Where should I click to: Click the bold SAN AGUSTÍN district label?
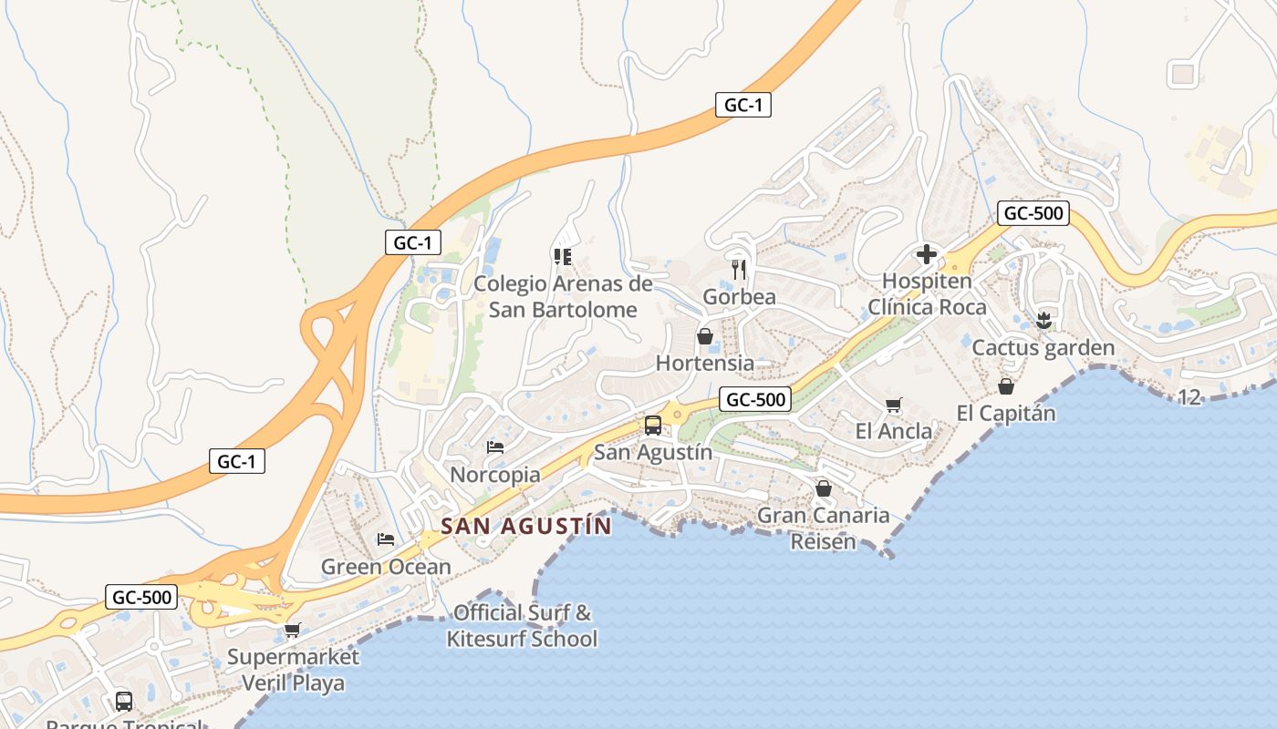pos(526,527)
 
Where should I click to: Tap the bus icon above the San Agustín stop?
pos(653,425)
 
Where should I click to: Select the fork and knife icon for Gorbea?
pos(739,270)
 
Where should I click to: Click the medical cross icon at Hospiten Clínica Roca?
pos(927,254)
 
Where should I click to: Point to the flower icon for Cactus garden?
pos(1044,320)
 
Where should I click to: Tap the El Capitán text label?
pos(1005,413)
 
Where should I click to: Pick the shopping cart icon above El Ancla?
pos(894,405)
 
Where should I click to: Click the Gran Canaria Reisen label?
pos(824,529)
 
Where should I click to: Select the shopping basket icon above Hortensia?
pos(705,336)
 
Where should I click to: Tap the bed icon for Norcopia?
pos(495,447)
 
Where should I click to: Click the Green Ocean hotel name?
pos(386,567)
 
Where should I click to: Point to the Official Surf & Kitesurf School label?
pos(522,625)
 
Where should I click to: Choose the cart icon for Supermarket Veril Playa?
pos(293,630)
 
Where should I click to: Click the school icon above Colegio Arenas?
pos(562,257)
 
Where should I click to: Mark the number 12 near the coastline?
pos(1189,397)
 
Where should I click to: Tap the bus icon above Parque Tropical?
pos(124,702)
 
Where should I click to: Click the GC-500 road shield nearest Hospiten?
pos(1033,214)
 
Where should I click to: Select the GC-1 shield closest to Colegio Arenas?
pos(413,242)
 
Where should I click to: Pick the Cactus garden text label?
pos(1043,348)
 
